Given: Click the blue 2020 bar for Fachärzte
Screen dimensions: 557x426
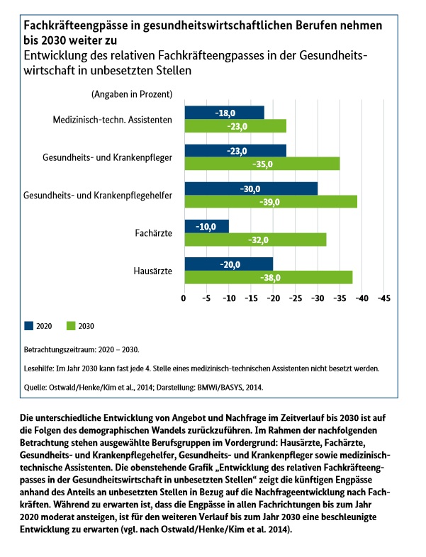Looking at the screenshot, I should pos(206,226).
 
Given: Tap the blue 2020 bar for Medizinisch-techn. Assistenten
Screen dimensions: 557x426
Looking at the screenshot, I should pos(224,113).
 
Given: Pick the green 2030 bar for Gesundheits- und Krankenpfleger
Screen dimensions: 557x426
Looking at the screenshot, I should pos(262,164).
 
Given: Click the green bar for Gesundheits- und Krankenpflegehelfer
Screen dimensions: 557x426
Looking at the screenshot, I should pos(270,202).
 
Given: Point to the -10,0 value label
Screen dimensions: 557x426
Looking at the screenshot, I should pos(206,226).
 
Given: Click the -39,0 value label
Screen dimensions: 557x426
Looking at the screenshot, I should pos(270,202).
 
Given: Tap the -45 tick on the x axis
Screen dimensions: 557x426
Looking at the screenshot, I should pos(383,299).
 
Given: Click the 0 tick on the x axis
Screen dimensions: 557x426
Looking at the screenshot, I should pos(184,299).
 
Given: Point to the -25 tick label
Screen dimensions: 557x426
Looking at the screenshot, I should pos(295,299).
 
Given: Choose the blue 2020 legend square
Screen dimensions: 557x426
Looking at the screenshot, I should pos(29,326).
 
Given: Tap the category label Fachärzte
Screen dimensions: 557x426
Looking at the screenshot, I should pos(153,233).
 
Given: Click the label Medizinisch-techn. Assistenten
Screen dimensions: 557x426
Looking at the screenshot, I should pos(112,120).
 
